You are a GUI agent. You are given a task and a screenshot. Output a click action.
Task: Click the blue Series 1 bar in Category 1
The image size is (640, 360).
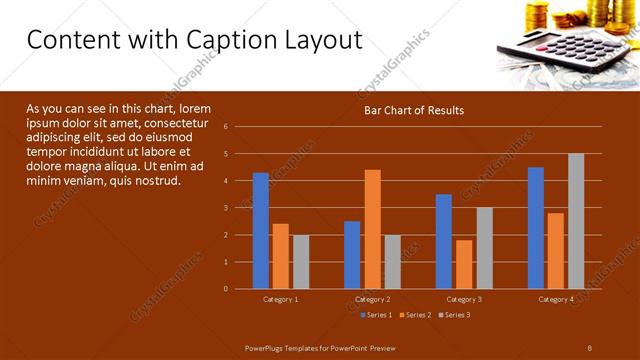click(261, 231)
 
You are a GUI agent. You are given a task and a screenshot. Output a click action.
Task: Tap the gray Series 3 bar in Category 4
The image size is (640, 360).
click(576, 221)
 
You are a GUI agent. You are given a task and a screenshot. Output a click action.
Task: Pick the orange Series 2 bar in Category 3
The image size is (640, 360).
click(464, 264)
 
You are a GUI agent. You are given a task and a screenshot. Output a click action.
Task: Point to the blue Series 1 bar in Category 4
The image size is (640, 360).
click(536, 228)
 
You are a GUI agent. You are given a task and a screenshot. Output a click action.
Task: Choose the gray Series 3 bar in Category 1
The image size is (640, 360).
click(301, 262)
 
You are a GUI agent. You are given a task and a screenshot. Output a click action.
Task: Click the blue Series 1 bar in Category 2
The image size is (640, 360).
click(352, 255)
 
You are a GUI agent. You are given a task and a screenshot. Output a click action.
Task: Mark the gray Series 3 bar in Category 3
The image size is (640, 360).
click(484, 248)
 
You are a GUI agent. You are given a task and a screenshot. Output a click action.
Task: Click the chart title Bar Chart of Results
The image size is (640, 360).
click(413, 110)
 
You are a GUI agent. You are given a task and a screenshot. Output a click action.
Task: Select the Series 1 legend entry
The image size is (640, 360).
click(375, 315)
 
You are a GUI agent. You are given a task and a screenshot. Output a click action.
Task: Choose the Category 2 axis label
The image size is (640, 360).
click(372, 299)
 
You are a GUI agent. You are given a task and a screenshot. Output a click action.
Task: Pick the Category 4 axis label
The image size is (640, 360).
click(556, 299)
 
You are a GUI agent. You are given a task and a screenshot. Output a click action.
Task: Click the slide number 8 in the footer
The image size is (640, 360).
click(590, 347)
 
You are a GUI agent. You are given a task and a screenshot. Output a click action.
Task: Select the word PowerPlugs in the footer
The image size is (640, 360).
click(267, 347)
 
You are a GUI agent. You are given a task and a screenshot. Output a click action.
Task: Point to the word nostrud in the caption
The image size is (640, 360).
click(155, 181)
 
